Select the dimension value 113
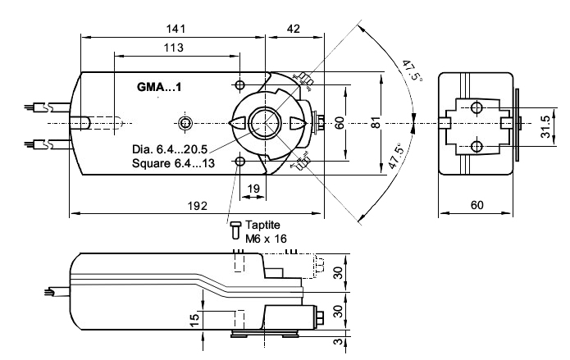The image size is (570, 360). [x=173, y=48]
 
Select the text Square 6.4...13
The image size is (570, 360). [x=174, y=163]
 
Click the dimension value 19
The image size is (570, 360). [x=253, y=189]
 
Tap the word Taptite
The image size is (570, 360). [x=263, y=224]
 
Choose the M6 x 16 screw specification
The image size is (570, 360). [x=264, y=237]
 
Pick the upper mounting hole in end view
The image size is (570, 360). [x=477, y=106]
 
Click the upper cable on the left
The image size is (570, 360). [x=37, y=106]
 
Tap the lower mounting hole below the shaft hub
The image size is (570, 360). [x=239, y=162]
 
